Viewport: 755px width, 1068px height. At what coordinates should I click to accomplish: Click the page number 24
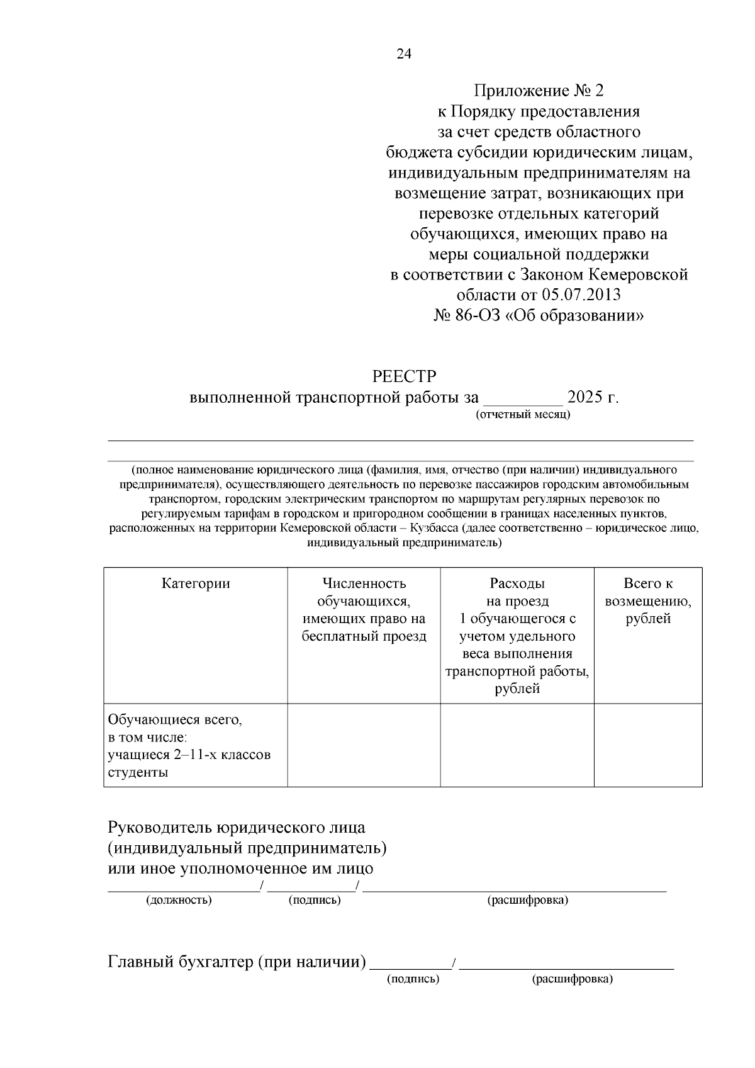click(404, 54)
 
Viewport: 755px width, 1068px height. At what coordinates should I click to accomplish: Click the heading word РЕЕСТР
click(404, 376)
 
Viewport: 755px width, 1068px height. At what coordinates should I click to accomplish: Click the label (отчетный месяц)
click(523, 415)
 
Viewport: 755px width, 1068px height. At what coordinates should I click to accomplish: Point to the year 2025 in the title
click(584, 398)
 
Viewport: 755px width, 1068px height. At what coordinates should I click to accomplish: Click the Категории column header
click(196, 583)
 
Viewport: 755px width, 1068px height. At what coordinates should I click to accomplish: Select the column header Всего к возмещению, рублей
click(648, 601)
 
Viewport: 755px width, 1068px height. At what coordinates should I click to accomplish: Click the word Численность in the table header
click(364, 583)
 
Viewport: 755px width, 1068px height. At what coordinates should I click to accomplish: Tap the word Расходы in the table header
click(517, 583)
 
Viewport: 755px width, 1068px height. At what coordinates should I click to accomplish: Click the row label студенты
click(138, 772)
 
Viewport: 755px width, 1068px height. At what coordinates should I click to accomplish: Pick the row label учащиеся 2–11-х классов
click(189, 755)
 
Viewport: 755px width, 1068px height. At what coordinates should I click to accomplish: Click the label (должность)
click(179, 900)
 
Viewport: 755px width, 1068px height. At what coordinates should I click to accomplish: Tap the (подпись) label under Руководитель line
click(315, 900)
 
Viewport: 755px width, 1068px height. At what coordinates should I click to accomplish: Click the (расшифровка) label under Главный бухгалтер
click(572, 979)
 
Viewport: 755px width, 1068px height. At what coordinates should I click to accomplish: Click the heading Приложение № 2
click(538, 91)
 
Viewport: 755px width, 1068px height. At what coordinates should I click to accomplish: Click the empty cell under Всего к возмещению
click(648, 745)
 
